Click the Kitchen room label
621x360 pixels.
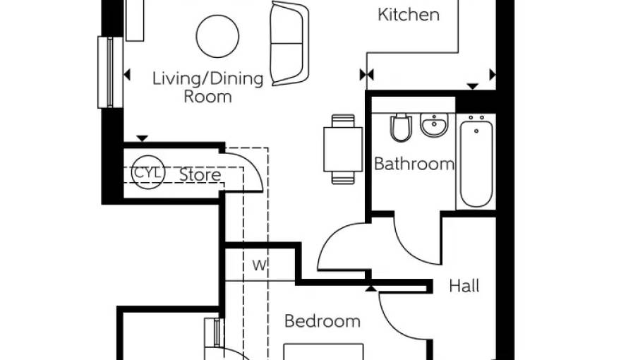[409, 15]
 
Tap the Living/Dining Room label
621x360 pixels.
[208, 88]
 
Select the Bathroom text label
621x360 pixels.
[414, 164]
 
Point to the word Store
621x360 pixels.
[200, 174]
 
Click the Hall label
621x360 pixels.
[464, 286]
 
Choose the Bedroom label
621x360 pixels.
[322, 321]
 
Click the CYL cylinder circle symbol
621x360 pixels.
[147, 172]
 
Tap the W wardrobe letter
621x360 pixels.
[260, 265]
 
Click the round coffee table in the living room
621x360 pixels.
[217, 36]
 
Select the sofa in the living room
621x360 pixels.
[289, 43]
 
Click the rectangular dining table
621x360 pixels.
[343, 150]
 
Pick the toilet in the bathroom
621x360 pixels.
[401, 128]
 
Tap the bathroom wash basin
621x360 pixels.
[435, 125]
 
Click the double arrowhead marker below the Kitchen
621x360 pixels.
[366, 74]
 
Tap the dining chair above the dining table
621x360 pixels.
[343, 121]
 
